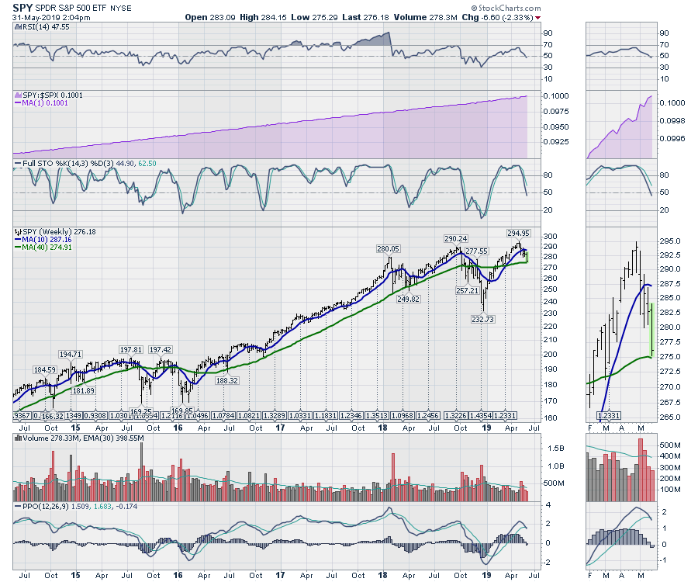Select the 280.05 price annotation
(388, 249)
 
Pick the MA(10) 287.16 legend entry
(47, 239)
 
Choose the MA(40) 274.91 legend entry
(47, 248)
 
